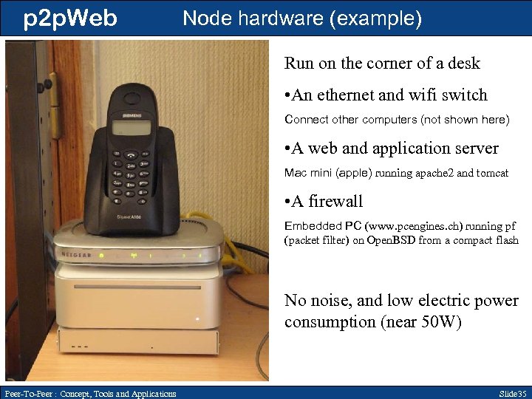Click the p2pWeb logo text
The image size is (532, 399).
pos(70,18)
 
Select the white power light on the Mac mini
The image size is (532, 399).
pos(197,320)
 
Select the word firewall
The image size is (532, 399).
pos(337,201)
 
